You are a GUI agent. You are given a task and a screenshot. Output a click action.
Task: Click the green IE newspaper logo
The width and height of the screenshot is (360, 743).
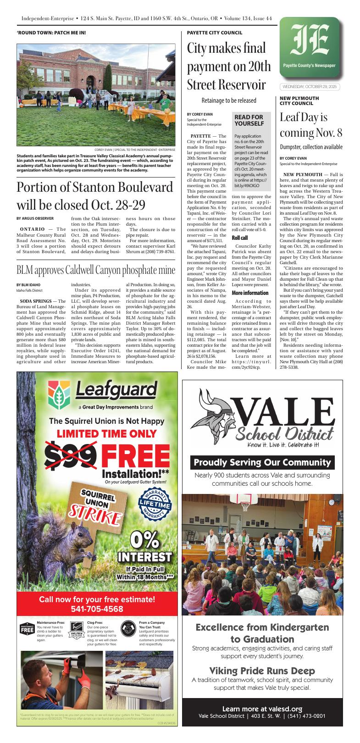pos(311,45)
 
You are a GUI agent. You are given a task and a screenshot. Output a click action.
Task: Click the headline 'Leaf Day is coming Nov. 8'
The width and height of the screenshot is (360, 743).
pos(311,125)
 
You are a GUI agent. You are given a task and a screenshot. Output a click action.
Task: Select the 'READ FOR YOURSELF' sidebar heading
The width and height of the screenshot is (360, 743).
pos(249,121)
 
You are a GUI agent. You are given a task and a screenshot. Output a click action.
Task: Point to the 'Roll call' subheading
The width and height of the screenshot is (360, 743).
pos(240,238)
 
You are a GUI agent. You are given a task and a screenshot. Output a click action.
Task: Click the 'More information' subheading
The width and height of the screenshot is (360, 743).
pos(250,293)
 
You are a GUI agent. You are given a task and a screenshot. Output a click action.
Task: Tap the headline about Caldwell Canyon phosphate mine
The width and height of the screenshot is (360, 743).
pos(96,269)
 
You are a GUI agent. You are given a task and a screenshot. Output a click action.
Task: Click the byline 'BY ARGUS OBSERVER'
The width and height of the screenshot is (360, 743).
pos(35,218)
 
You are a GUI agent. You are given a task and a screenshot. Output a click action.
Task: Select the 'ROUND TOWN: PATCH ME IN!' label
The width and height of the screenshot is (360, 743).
pos(51,33)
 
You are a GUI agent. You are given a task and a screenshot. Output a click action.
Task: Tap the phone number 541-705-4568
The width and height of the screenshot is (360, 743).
pos(97,609)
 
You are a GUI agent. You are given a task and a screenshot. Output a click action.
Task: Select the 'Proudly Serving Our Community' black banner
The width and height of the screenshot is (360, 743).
pos(262,462)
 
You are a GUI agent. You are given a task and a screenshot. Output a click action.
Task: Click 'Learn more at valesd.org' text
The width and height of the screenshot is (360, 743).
pos(262,709)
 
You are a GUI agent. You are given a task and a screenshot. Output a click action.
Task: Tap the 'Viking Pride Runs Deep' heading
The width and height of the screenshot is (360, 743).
pos(262,670)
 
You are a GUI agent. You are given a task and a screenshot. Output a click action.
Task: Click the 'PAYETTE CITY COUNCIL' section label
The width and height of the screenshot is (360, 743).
pos(215,33)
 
